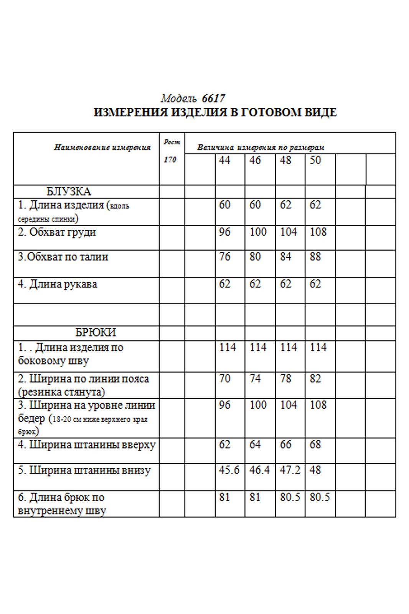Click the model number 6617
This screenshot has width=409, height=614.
click(x=213, y=99)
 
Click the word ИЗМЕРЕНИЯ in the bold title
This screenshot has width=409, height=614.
click(x=130, y=112)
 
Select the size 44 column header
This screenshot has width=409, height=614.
click(x=224, y=160)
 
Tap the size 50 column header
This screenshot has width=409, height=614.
click(x=315, y=160)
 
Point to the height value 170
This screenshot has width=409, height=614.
click(x=170, y=160)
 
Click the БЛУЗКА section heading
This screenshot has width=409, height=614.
click(x=69, y=191)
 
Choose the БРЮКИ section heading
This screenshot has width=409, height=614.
click(x=96, y=332)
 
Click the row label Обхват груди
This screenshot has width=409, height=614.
click(x=57, y=232)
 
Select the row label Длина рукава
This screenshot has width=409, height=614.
click(x=58, y=284)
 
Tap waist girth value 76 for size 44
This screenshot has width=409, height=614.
click(x=224, y=256)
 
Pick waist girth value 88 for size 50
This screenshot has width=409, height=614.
click(x=315, y=256)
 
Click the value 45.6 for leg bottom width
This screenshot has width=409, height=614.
click(x=229, y=470)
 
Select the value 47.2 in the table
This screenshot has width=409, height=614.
click(x=290, y=470)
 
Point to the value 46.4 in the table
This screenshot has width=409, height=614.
click(x=259, y=470)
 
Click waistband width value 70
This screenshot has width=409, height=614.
click(x=224, y=379)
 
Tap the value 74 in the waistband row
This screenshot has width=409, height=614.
click(x=255, y=379)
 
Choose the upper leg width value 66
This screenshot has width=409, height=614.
click(x=285, y=445)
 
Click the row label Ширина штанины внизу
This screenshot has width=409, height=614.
click(x=84, y=470)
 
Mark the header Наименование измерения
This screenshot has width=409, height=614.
click(x=102, y=147)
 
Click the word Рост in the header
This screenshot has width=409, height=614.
click(x=172, y=142)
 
